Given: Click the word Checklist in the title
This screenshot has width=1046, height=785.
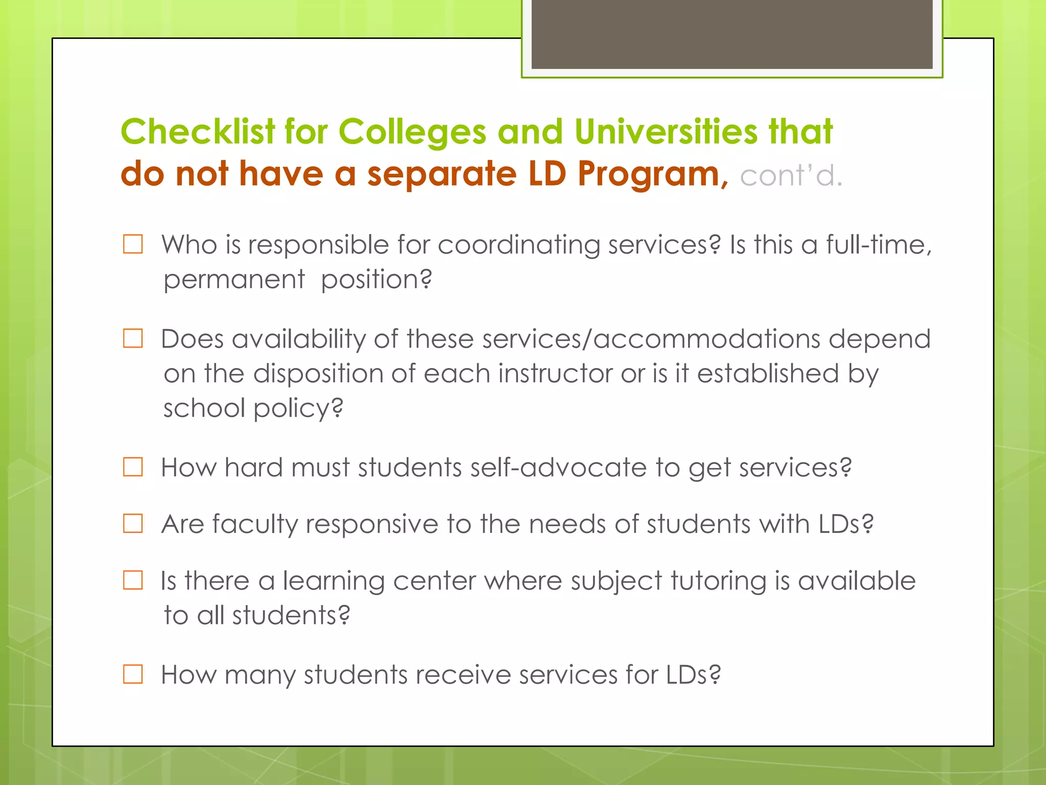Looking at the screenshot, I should click(x=198, y=132).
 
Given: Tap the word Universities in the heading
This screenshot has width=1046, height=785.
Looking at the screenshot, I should click(x=666, y=132).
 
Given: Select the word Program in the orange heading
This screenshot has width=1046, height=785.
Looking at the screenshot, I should click(x=649, y=174).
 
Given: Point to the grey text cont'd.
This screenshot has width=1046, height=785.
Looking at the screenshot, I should click(x=791, y=176).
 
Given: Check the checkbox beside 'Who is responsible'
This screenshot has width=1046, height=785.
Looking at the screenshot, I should click(x=133, y=244).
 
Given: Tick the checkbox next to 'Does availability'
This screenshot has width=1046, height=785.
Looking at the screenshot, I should click(x=133, y=338).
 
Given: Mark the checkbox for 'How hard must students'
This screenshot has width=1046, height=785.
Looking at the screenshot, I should click(x=133, y=467).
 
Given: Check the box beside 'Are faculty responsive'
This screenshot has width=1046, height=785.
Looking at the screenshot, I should click(x=133, y=524).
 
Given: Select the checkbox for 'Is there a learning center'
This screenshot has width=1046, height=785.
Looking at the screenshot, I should click(x=133, y=581).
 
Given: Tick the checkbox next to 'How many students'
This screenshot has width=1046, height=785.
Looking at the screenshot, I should click(x=133, y=674).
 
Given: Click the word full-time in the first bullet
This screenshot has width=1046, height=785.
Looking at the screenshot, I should click(x=878, y=245).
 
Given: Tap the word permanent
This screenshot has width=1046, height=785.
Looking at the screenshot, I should click(x=234, y=280).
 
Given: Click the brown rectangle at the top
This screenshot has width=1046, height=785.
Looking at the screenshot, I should click(x=731, y=34).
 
